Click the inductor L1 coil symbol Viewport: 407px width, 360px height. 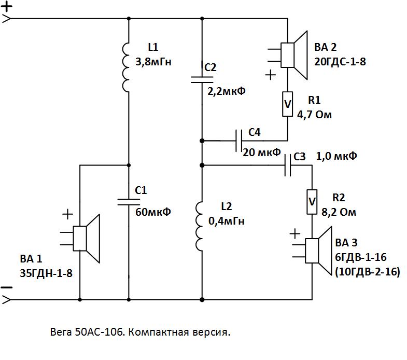(127, 66)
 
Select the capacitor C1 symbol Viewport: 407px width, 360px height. (128, 201)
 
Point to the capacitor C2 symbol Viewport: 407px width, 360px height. (201, 78)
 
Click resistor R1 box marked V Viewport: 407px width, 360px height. (287, 104)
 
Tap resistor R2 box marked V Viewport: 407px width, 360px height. (312, 201)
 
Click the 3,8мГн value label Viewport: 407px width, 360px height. (153, 62)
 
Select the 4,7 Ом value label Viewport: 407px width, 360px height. (314, 114)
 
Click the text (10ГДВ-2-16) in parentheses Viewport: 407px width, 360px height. (368, 272)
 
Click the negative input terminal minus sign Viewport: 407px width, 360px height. (7, 287)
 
